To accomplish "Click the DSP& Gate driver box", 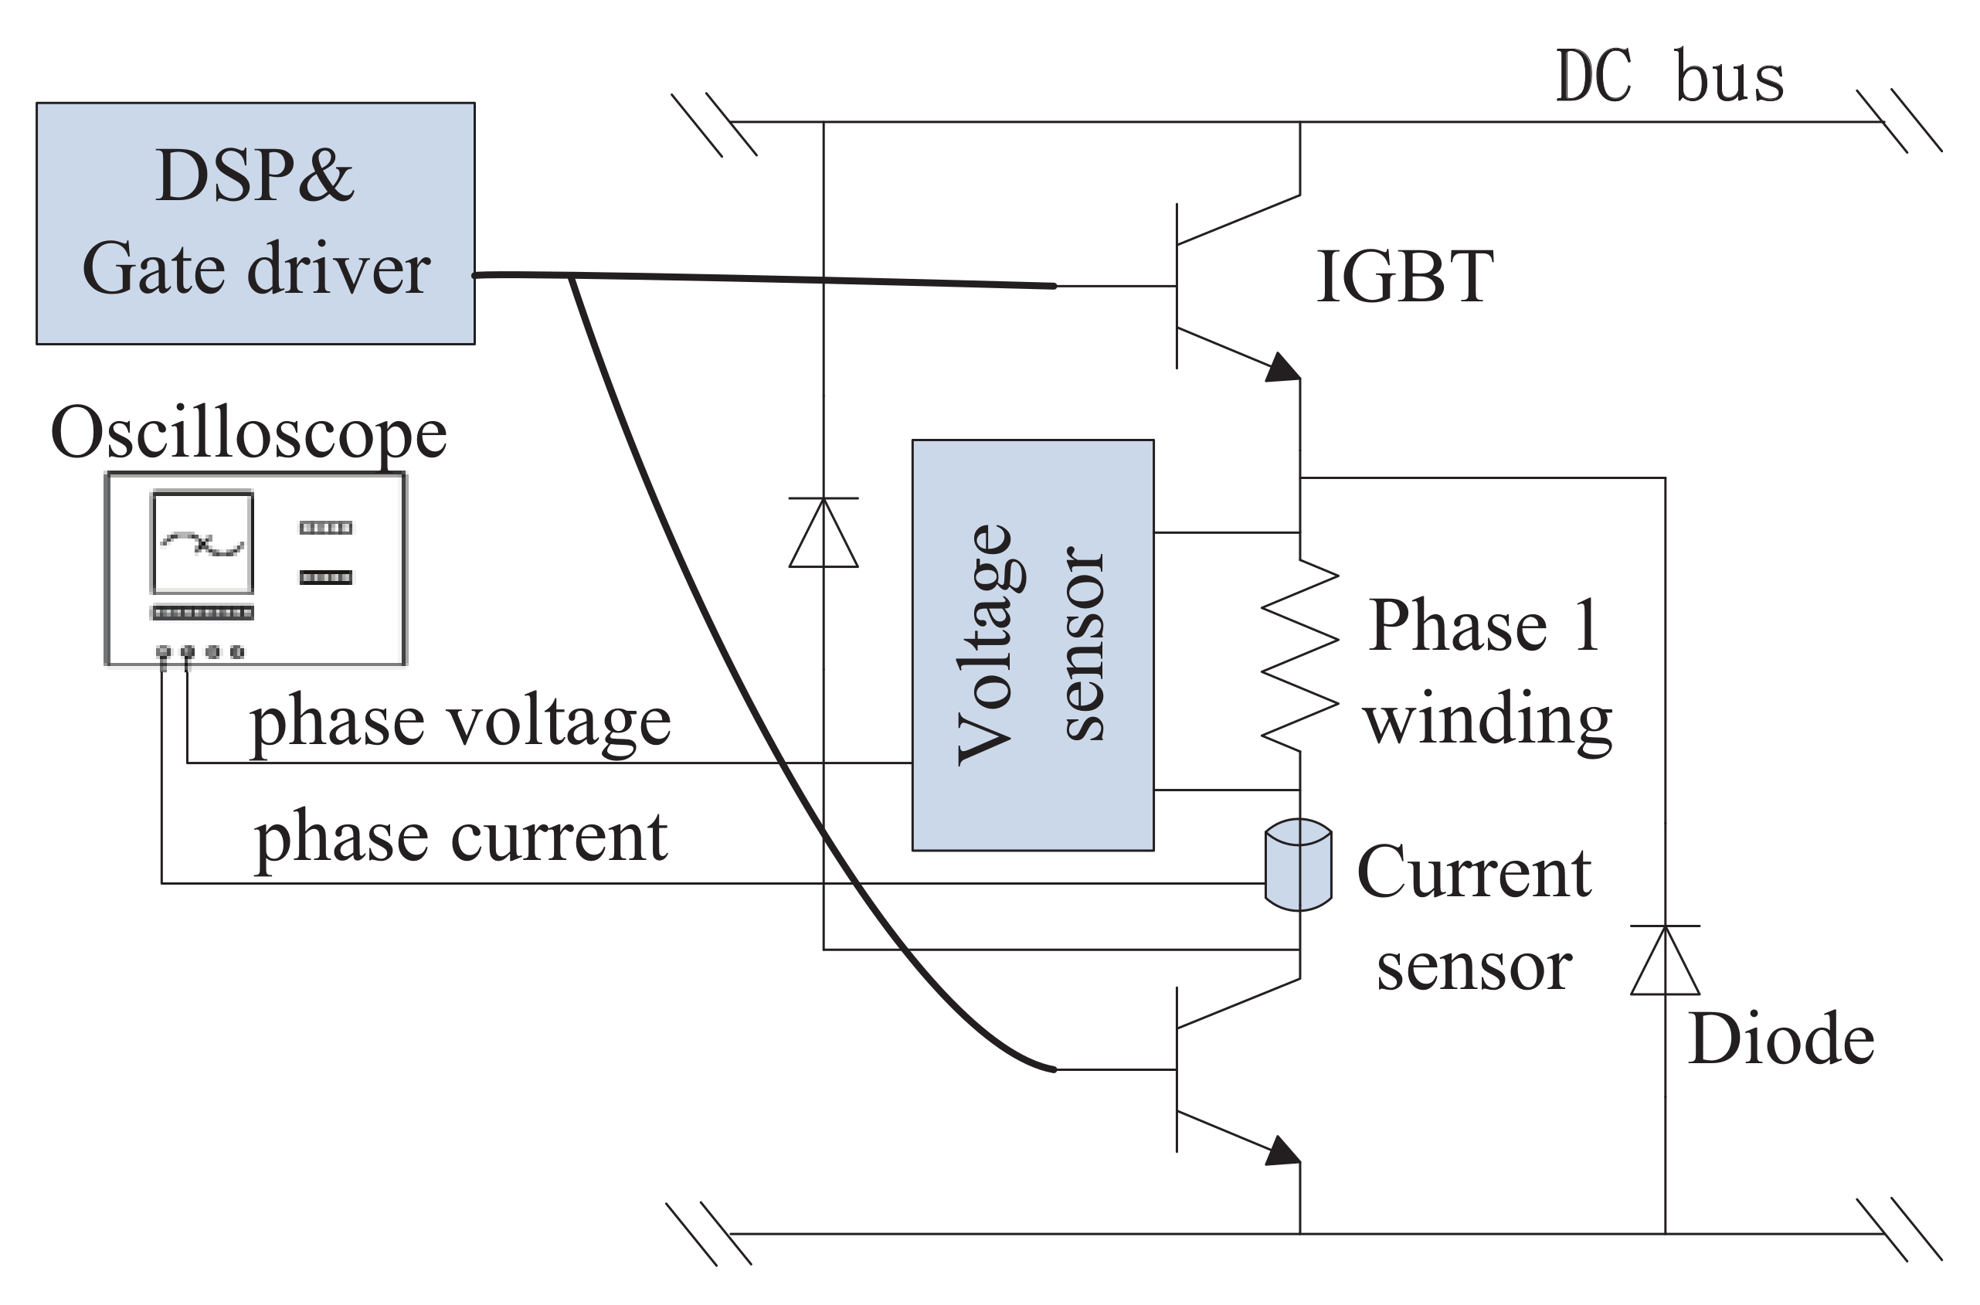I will (x=256, y=223).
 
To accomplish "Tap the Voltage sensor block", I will (x=1032, y=645).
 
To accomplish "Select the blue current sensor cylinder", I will (x=1298, y=865).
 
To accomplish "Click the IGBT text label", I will (x=1405, y=277).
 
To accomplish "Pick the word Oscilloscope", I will (x=249, y=433).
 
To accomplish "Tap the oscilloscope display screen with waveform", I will (x=202, y=542).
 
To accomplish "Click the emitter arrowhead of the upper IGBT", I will (x=1284, y=368).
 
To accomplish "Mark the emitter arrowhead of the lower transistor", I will (x=1284, y=1152).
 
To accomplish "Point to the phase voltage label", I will (x=460, y=721).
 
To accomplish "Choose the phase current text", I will (x=460, y=838).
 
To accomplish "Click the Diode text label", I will (x=1781, y=1039).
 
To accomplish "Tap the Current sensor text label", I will (x=1474, y=919).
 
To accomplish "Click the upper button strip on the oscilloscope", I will (x=325, y=527).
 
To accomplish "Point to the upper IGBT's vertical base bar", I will (x=1177, y=285).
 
